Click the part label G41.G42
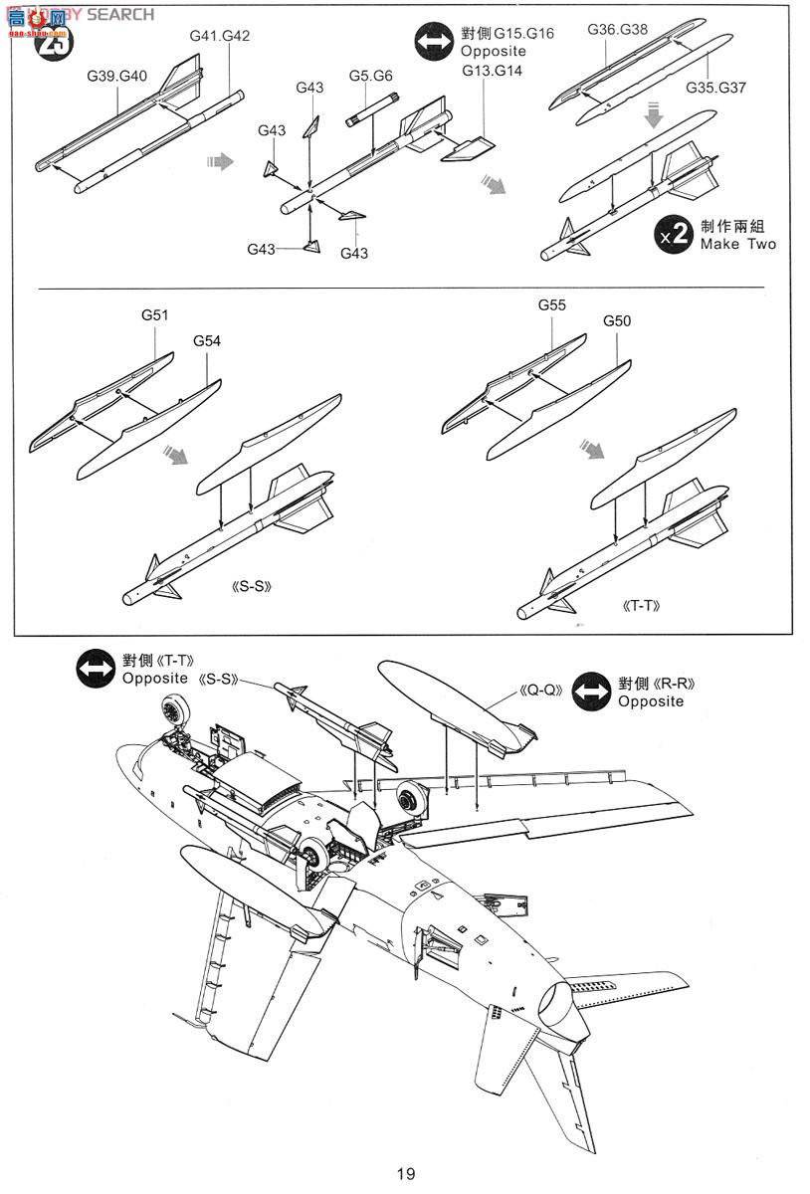219,36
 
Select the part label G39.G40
116,76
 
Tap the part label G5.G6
370,76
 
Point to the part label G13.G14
492,71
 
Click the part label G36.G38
617,29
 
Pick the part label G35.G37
715,88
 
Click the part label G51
154,315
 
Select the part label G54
207,340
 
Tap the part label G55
552,305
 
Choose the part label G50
617,321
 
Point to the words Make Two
738,244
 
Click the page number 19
405,1174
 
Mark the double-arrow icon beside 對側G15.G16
435,43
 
